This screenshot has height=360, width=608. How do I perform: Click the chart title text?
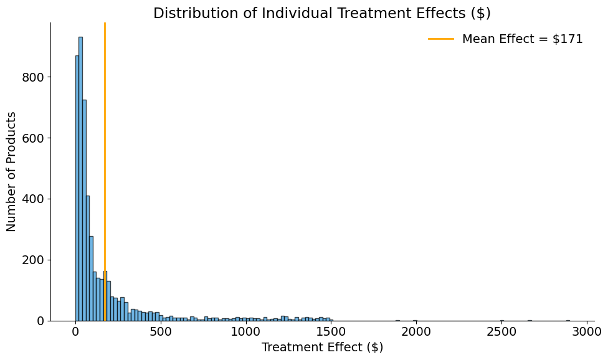click(x=321, y=13)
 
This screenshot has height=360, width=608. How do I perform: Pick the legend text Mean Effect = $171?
click(x=522, y=39)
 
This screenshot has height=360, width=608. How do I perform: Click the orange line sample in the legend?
click(x=441, y=39)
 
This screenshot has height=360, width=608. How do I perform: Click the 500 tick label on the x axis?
click(x=161, y=331)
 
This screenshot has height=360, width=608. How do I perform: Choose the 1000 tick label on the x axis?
click(x=246, y=331)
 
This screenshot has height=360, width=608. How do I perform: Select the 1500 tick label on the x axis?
click(x=331, y=331)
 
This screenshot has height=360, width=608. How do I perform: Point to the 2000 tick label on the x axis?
click(x=416, y=331)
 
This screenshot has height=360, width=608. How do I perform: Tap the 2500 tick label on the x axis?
click(x=501, y=331)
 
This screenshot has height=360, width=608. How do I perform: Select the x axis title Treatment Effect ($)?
click(x=322, y=348)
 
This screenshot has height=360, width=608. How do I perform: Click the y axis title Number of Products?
click(x=12, y=171)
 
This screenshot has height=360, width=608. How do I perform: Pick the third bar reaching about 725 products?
click(x=84, y=212)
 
